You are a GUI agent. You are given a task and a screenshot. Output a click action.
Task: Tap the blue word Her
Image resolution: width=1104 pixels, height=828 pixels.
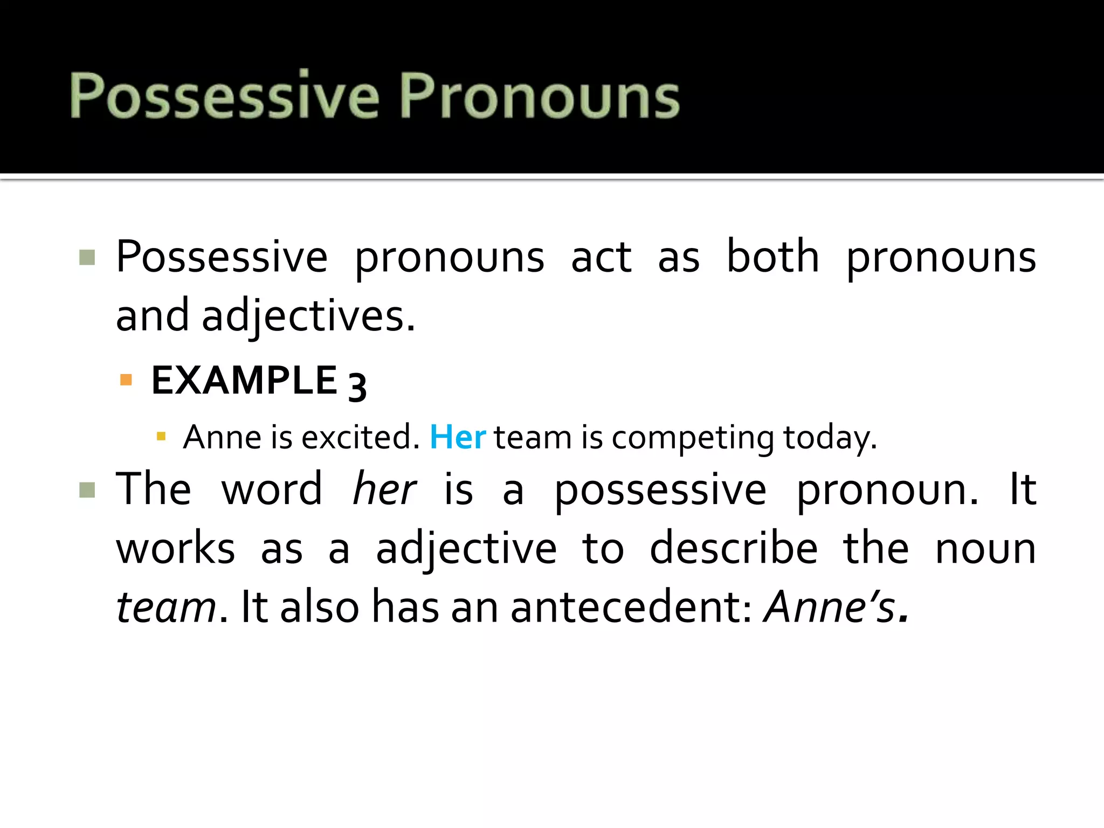(458, 437)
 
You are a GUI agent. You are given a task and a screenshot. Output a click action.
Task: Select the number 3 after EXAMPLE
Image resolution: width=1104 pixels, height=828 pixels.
(357, 386)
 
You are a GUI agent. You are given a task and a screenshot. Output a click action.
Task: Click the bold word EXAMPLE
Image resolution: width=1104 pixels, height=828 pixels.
(244, 381)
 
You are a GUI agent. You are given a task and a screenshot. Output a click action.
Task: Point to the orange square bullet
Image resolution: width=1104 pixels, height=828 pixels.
(126, 380)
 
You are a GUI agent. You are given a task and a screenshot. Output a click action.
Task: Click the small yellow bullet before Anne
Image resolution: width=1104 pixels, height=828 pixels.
(161, 436)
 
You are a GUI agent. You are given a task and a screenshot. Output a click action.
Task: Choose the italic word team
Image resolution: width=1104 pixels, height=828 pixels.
(166, 607)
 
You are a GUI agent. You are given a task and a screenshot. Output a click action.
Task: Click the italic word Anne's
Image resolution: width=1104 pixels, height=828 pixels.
(830, 607)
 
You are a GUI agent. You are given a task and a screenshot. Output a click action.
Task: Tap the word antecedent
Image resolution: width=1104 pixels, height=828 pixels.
(631, 607)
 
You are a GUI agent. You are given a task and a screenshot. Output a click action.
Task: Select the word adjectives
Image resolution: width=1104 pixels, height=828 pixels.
(308, 316)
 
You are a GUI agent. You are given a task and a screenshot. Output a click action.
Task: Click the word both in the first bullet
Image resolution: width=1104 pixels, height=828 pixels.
(772, 257)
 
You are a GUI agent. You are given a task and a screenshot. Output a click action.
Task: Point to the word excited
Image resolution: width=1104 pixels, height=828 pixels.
(360, 437)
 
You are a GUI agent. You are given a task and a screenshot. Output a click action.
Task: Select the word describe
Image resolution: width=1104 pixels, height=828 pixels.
(734, 549)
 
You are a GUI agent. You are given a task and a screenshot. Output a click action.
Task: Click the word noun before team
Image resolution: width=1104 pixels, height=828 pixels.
(985, 549)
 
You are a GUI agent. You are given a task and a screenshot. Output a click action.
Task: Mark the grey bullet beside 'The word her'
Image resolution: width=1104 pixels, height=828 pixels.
(87, 490)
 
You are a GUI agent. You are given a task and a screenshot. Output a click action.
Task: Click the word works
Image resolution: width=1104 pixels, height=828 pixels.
(176, 549)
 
